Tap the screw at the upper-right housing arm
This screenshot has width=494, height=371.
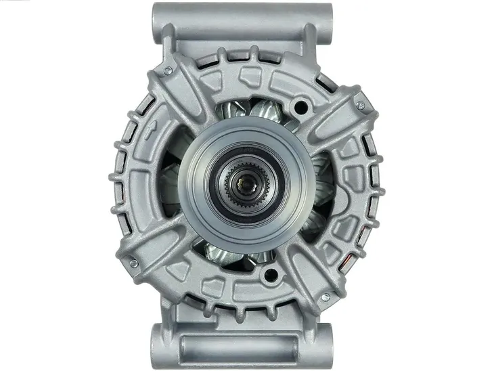360,105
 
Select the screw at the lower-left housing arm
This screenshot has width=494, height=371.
133,262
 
